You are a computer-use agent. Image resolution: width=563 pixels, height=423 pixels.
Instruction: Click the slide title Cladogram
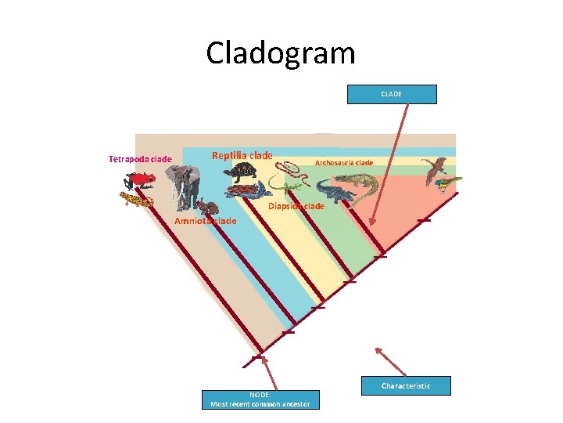281,53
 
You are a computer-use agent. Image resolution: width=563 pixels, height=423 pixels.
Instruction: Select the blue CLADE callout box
391,94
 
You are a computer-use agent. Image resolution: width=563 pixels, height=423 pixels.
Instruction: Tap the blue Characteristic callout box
406,385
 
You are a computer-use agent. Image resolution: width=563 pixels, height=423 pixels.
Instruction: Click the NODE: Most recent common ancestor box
260,399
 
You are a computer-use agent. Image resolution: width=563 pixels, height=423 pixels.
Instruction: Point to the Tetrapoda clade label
140,160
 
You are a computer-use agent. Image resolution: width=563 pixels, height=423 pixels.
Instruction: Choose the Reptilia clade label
242,155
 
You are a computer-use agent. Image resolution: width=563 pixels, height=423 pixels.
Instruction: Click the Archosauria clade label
343,163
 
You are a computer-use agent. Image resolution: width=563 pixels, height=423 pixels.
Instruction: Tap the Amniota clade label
205,221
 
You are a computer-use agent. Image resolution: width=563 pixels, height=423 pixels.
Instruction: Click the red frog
142,179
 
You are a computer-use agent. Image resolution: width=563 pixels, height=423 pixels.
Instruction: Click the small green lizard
291,189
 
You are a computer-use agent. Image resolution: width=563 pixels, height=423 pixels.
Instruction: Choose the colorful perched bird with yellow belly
446,184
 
